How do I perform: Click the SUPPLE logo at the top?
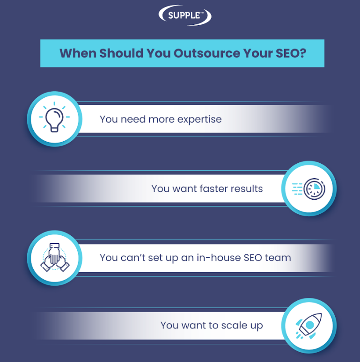[185, 15]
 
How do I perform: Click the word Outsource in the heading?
[207, 53]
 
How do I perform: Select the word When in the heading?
[78, 53]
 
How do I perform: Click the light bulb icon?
[54, 117]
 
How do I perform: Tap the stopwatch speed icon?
[309, 188]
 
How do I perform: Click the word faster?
[213, 188]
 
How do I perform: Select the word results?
[247, 188]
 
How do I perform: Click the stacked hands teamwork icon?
[55, 257]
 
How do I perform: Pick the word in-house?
[219, 258]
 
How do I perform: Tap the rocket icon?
[309, 326]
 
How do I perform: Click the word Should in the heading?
[121, 53]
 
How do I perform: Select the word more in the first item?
[162, 120]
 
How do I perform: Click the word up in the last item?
[257, 326]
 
